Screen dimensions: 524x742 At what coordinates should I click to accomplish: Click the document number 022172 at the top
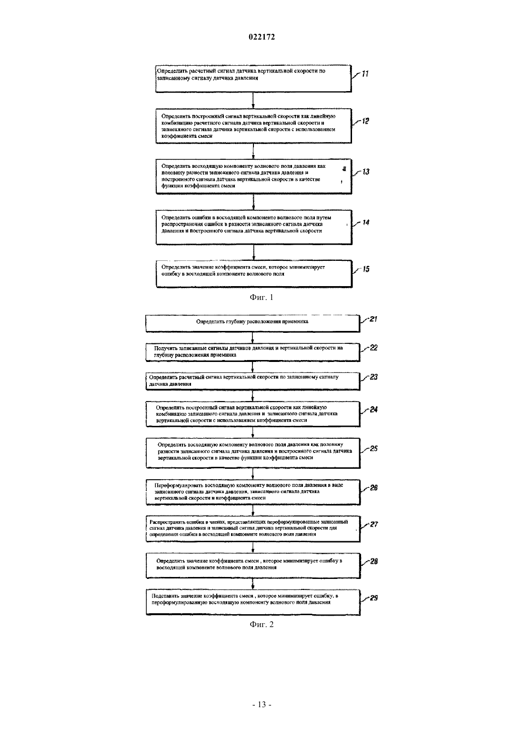pyautogui.click(x=262, y=37)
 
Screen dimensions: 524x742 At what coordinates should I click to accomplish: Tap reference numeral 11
pyautogui.click(x=365, y=73)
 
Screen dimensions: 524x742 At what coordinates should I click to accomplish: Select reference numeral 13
pyautogui.click(x=365, y=172)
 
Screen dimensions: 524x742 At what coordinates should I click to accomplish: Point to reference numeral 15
pyautogui.click(x=366, y=269)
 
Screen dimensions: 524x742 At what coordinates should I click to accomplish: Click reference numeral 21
pyautogui.click(x=373, y=319)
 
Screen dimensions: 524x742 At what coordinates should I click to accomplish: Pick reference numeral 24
pyautogui.click(x=373, y=410)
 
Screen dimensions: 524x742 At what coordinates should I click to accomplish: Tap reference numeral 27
pyautogui.click(x=373, y=525)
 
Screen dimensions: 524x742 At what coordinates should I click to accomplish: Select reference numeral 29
pyautogui.click(x=373, y=598)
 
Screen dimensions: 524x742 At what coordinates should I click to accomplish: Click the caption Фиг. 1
pyautogui.click(x=262, y=298)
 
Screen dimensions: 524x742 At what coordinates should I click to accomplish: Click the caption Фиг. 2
pyautogui.click(x=262, y=625)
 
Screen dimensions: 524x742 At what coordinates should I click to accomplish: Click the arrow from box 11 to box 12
pyautogui.click(x=253, y=100)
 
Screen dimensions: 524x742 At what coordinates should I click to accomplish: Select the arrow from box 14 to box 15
pyautogui.click(x=253, y=252)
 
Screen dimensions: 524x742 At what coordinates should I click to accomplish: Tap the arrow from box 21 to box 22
pyautogui.click(x=253, y=337)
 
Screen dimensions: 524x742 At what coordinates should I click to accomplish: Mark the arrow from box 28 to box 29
pyautogui.click(x=253, y=584)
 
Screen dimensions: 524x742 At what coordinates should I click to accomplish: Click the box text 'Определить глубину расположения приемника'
pyautogui.click(x=252, y=321)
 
